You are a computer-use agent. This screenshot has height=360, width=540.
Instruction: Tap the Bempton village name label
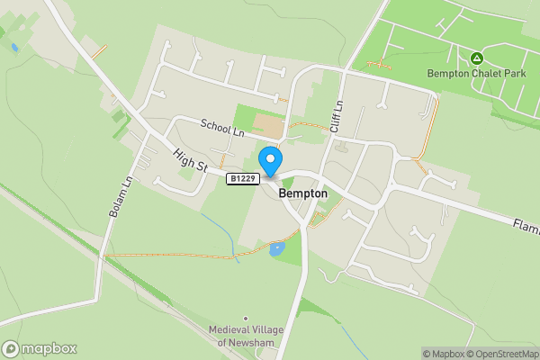point(302,193)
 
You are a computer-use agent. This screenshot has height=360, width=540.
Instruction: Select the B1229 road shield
point(243,179)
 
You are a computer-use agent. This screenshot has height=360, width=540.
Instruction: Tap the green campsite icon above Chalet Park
point(475,58)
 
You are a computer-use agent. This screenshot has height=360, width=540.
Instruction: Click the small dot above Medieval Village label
point(246,318)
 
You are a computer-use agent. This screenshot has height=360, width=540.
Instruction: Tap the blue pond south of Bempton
point(276,249)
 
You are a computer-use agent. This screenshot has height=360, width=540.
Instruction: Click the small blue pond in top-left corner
point(14,47)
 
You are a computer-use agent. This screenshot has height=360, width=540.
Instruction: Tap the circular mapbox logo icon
point(11,349)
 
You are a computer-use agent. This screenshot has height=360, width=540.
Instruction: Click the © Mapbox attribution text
point(442,354)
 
